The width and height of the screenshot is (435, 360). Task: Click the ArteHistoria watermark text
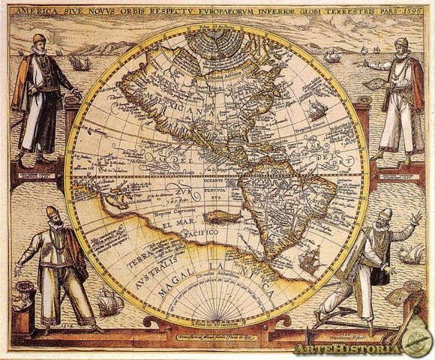[x=347, y=346]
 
